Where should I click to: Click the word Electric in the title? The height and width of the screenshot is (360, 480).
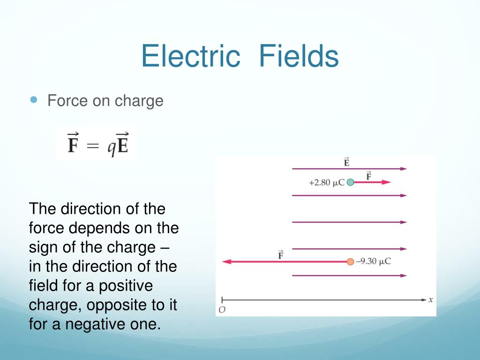190,56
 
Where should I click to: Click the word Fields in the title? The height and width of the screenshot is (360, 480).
299,56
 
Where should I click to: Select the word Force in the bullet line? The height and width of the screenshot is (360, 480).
64,101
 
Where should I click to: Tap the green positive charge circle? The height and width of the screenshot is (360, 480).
350,182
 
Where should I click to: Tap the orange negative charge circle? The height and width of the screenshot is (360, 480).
350,262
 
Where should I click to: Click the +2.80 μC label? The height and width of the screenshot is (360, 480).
326,183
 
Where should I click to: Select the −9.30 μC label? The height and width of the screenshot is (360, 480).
373,262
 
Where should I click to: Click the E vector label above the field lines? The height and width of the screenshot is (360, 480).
346,162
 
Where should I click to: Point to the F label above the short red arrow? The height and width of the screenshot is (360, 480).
368,176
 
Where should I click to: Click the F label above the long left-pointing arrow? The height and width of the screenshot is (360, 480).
280,255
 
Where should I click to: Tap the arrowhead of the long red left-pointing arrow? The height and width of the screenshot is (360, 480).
225,262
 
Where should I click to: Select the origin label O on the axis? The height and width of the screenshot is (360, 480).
222,309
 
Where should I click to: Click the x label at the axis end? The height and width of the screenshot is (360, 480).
430,299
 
